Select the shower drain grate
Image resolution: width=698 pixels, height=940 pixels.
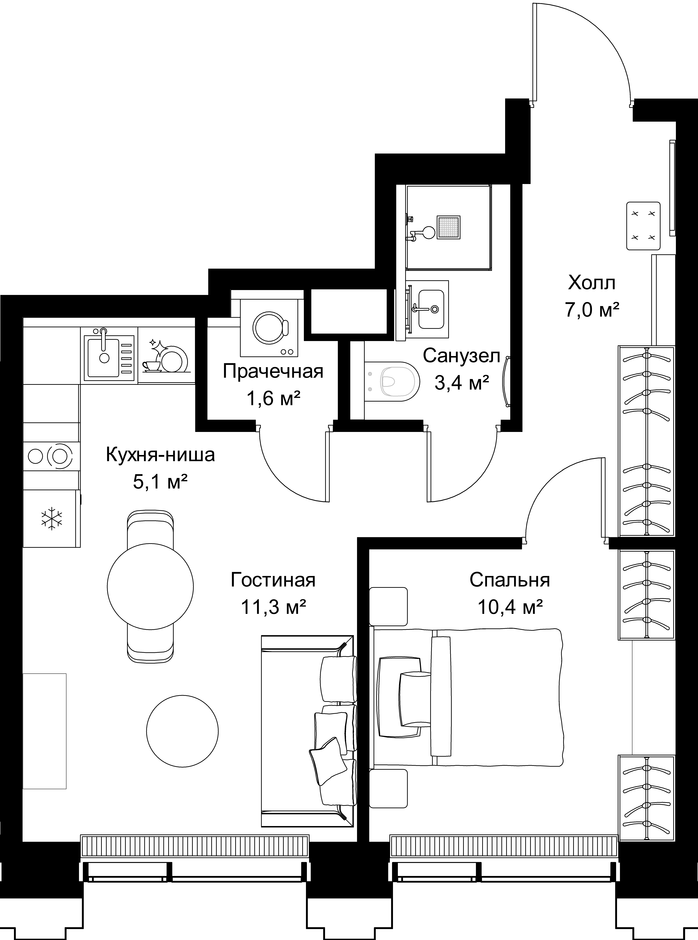click(448, 228)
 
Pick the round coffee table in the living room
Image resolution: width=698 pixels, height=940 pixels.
click(183, 731)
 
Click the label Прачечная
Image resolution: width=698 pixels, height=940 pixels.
click(273, 372)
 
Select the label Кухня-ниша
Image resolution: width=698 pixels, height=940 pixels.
click(160, 455)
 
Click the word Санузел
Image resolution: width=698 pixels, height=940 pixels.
click(461, 356)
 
